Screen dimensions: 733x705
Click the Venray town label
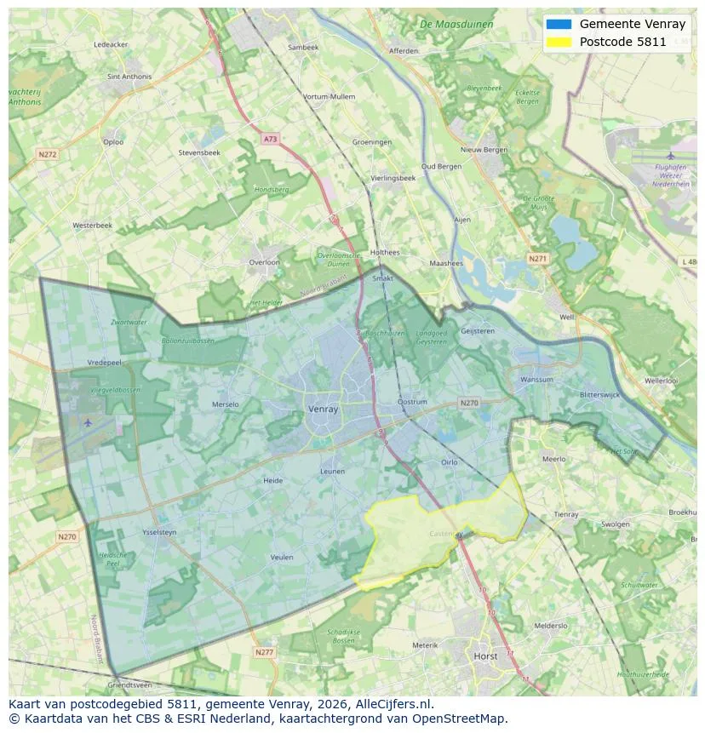(323, 409)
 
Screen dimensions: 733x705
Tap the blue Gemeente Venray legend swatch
(559, 25)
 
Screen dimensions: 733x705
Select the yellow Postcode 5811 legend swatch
(559, 42)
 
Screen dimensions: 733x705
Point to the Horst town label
(486, 656)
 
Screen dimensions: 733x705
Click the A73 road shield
(270, 139)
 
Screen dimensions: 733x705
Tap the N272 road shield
(47, 155)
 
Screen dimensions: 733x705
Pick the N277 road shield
(264, 652)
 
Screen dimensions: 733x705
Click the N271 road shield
(537, 258)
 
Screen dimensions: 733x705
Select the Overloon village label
(264, 262)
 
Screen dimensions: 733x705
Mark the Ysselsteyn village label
(159, 532)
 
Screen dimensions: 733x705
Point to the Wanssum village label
(536, 380)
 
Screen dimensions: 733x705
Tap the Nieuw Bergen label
(484, 150)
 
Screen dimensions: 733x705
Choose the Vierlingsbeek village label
(393, 178)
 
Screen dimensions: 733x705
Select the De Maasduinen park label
(456, 25)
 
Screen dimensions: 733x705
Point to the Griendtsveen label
(130, 684)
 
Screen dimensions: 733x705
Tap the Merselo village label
(226, 404)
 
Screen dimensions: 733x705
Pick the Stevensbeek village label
(199, 152)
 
